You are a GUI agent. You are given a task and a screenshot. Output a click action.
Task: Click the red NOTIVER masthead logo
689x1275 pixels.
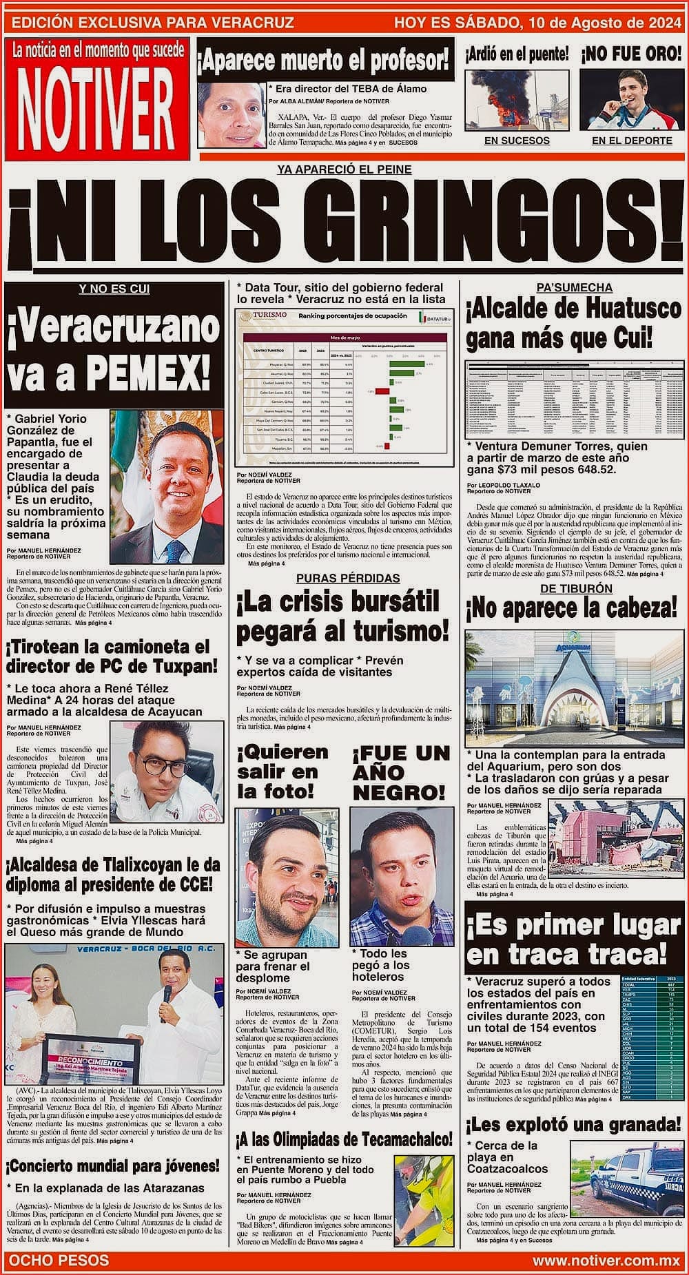pyautogui.click(x=96, y=101)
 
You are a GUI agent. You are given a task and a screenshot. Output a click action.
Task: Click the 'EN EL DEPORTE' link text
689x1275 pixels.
pyautogui.click(x=632, y=141)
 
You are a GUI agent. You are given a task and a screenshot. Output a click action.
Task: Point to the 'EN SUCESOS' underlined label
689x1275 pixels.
pyautogui.click(x=517, y=141)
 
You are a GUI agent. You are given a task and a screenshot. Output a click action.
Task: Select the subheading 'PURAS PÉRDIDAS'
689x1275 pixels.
pyautogui.click(x=348, y=578)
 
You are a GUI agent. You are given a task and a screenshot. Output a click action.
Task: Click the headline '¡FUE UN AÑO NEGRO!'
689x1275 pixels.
pyautogui.click(x=400, y=773)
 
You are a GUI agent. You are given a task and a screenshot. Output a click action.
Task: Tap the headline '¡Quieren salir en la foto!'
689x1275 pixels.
pyautogui.click(x=282, y=771)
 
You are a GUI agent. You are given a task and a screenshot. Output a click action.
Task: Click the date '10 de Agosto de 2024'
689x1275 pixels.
pyautogui.click(x=604, y=23)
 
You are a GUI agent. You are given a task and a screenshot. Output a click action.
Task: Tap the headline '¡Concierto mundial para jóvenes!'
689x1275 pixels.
pyautogui.click(x=114, y=1165)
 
